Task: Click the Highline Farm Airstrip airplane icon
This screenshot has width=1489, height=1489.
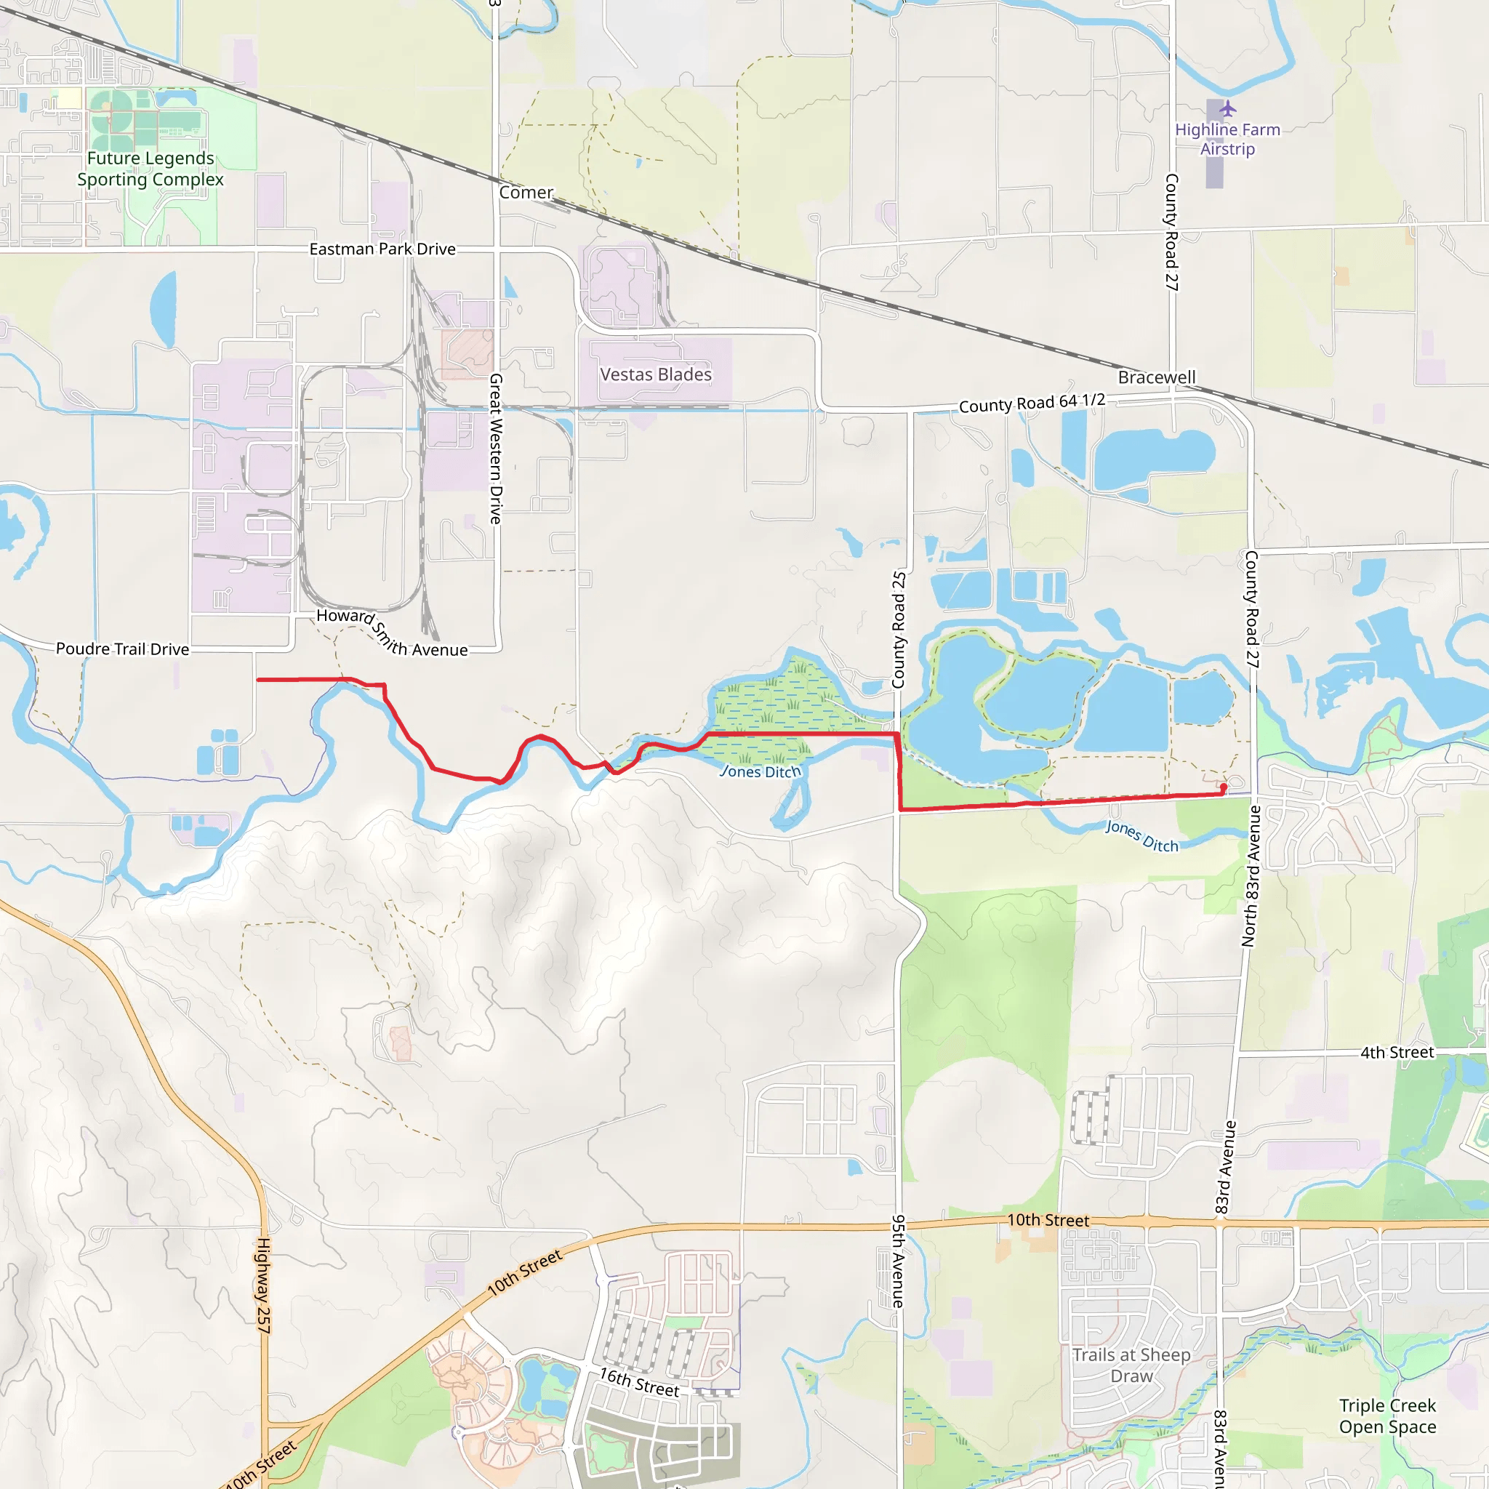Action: tap(1228, 108)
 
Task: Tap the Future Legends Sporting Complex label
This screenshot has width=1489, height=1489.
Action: tap(150, 169)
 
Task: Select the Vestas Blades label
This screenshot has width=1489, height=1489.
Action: tap(656, 374)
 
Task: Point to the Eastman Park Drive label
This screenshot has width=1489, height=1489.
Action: tap(382, 249)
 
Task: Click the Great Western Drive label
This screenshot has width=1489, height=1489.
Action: tap(497, 449)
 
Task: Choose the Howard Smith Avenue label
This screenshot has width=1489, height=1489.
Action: tap(392, 634)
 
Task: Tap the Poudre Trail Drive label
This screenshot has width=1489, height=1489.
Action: tap(123, 649)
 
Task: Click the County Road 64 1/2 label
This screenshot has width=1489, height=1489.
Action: tap(1032, 402)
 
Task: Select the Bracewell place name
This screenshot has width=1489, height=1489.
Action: tap(1157, 377)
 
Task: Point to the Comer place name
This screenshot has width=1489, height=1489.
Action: tap(526, 193)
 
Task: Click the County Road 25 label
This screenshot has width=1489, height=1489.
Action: tap(899, 630)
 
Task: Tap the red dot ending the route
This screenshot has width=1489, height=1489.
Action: tap(1223, 787)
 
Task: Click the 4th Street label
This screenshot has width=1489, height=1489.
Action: tap(1397, 1053)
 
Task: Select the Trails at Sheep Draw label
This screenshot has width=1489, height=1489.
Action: tap(1131, 1365)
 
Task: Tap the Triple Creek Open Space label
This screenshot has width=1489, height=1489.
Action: tap(1387, 1416)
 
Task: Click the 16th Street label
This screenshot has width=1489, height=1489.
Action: tap(640, 1383)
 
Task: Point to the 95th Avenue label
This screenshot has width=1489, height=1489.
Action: tap(898, 1261)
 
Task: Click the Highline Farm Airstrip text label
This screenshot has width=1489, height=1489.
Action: tap(1228, 140)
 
